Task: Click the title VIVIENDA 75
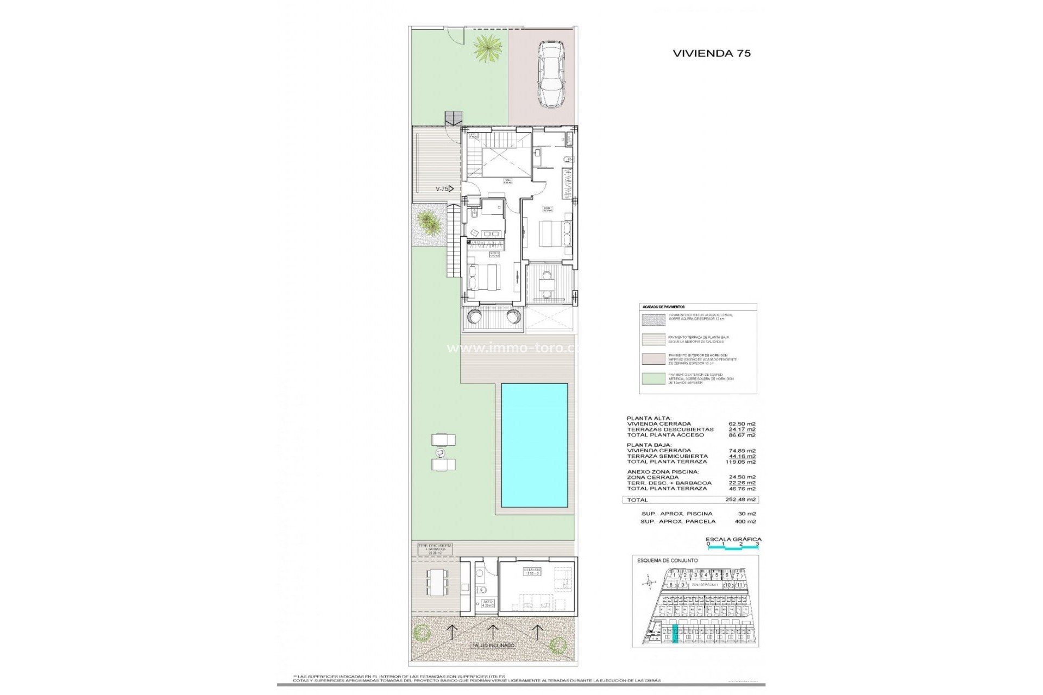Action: point(712,53)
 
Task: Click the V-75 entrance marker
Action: point(444,189)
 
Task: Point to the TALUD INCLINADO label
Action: point(492,646)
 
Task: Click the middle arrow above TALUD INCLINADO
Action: point(492,630)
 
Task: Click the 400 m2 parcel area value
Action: point(744,521)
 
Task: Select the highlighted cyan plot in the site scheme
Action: point(675,634)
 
